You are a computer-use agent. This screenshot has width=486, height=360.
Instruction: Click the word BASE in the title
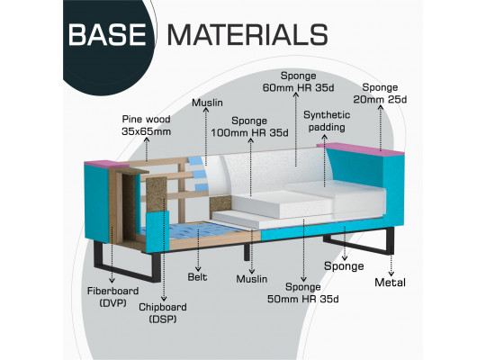pos(107,34)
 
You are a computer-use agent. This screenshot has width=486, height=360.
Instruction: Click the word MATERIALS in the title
pos(247,34)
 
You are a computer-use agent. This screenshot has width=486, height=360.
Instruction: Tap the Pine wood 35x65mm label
pos(147,125)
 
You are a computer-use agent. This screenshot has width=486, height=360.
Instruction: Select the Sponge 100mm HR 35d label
pos(249,127)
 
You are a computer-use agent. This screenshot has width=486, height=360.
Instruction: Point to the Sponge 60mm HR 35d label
pos(298,82)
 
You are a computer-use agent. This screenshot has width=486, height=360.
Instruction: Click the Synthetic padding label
pos(327,121)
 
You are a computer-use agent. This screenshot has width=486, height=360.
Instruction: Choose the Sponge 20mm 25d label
pos(380,93)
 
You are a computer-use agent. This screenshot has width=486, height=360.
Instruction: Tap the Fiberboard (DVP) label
pos(112,297)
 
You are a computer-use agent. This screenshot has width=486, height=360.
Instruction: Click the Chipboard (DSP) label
pos(163,313)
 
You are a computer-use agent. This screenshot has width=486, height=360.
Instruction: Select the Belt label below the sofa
pos(197,277)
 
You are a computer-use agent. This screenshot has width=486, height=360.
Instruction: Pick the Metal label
pos(390,283)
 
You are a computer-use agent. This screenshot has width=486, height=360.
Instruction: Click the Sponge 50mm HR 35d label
pos(302,292)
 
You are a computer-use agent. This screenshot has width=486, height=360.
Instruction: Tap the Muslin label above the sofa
pos(207,103)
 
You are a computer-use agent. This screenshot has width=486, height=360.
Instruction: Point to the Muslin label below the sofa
pos(252,279)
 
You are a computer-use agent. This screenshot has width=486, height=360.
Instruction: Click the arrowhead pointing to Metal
pos(391,274)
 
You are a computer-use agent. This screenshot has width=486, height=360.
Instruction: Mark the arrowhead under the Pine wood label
pos(147,139)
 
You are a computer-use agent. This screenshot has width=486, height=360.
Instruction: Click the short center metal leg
pos(247,251)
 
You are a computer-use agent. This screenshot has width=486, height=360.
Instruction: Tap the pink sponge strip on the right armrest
pos(360,148)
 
